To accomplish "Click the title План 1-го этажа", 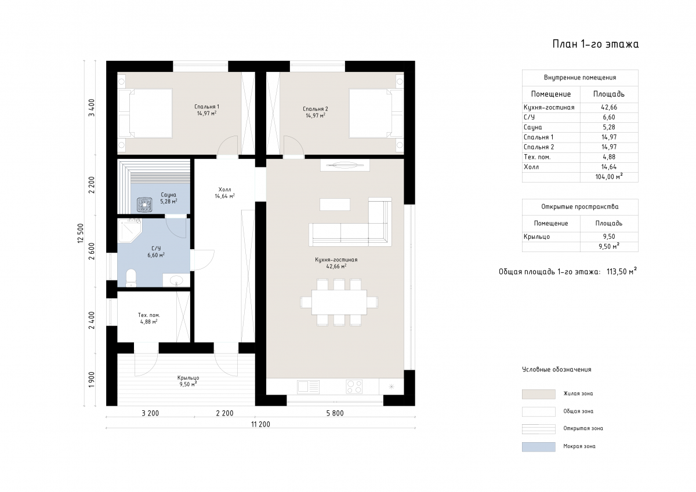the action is point(595,44).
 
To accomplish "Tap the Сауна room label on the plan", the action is point(168,195).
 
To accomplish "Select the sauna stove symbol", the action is point(144,205).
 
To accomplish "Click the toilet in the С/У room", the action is point(131,278).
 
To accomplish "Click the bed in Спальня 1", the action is point(146,114).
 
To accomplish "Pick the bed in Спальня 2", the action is point(376,114).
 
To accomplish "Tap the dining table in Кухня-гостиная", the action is point(339,303).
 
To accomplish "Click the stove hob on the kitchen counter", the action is point(354,387).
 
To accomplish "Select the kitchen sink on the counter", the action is point(308,387).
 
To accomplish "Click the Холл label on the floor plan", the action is point(224,189).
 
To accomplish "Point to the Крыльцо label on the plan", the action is point(188,378).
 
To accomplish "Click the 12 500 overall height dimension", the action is point(81,233).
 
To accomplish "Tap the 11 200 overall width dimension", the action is point(260,424).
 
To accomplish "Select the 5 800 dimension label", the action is point(335,413).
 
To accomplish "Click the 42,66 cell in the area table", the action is point(609,107).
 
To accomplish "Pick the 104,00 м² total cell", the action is point(609,177).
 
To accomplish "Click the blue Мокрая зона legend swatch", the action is point(538,447).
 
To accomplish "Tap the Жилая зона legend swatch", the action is point(538,394).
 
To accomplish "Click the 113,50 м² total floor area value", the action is point(621,272).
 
